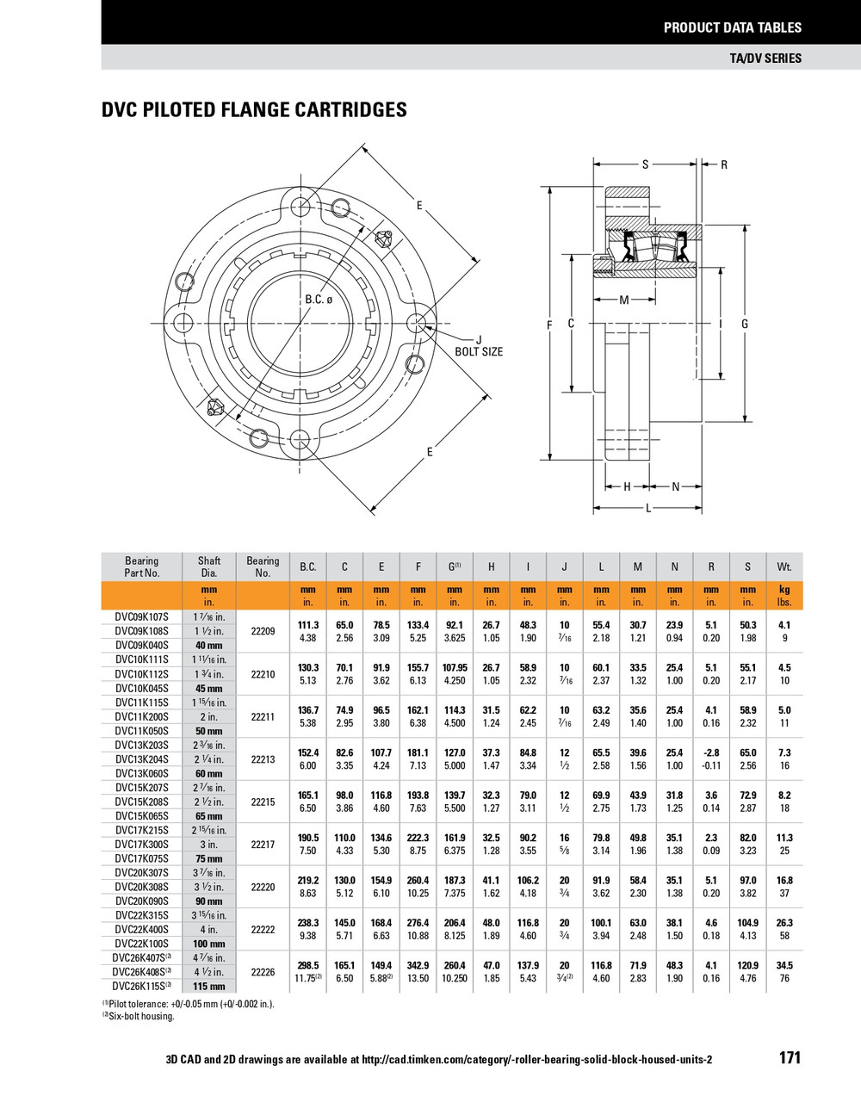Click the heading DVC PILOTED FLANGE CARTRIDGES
pyautogui.click(x=254, y=109)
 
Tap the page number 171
pyautogui.click(x=790, y=1057)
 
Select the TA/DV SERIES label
pyautogui.click(x=765, y=58)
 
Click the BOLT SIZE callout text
pyautogui.click(x=479, y=351)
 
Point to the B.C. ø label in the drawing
pyautogui.click(x=318, y=300)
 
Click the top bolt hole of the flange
pyautogui.click(x=300, y=207)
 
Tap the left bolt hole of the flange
pyautogui.click(x=183, y=323)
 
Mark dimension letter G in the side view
pyautogui.click(x=744, y=324)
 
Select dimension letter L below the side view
pyautogui.click(x=648, y=508)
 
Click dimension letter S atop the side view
pyautogui.click(x=645, y=164)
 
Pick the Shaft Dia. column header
pyautogui.click(x=209, y=566)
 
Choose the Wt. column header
pyautogui.click(x=784, y=566)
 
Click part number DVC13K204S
pyautogui.click(x=142, y=759)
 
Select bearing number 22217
pyautogui.click(x=263, y=845)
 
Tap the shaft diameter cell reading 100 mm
pyautogui.click(x=209, y=944)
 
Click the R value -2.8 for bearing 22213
pyautogui.click(x=711, y=752)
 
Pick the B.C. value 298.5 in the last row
pyautogui.click(x=308, y=965)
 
